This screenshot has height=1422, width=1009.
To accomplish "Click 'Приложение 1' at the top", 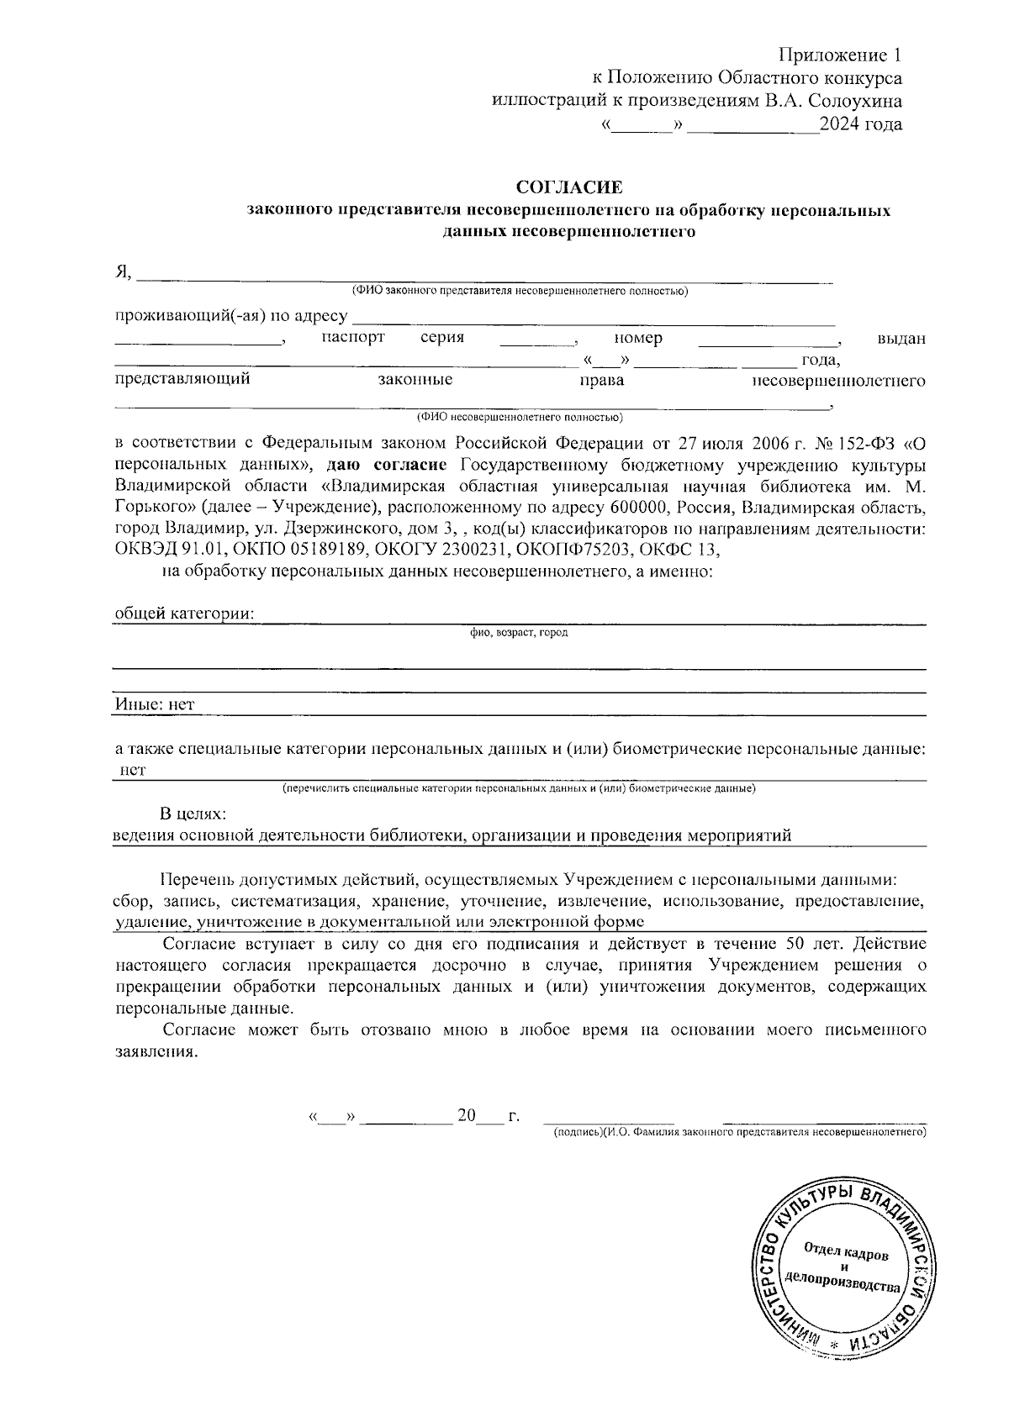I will [840, 55].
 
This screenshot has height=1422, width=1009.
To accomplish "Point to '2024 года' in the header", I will [861, 125].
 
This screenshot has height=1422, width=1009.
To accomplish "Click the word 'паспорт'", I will [353, 338].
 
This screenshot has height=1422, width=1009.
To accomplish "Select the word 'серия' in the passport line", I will [442, 338].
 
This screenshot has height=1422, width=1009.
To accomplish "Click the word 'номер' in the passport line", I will [637, 338].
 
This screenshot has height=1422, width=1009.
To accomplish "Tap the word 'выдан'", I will [901, 339].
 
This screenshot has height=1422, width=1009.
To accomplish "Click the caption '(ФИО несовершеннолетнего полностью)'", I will [519, 418].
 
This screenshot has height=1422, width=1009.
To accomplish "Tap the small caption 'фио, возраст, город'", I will [519, 632].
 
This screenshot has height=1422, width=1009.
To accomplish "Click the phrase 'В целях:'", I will [193, 814].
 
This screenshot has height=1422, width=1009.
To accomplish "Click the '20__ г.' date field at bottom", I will [488, 1117].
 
